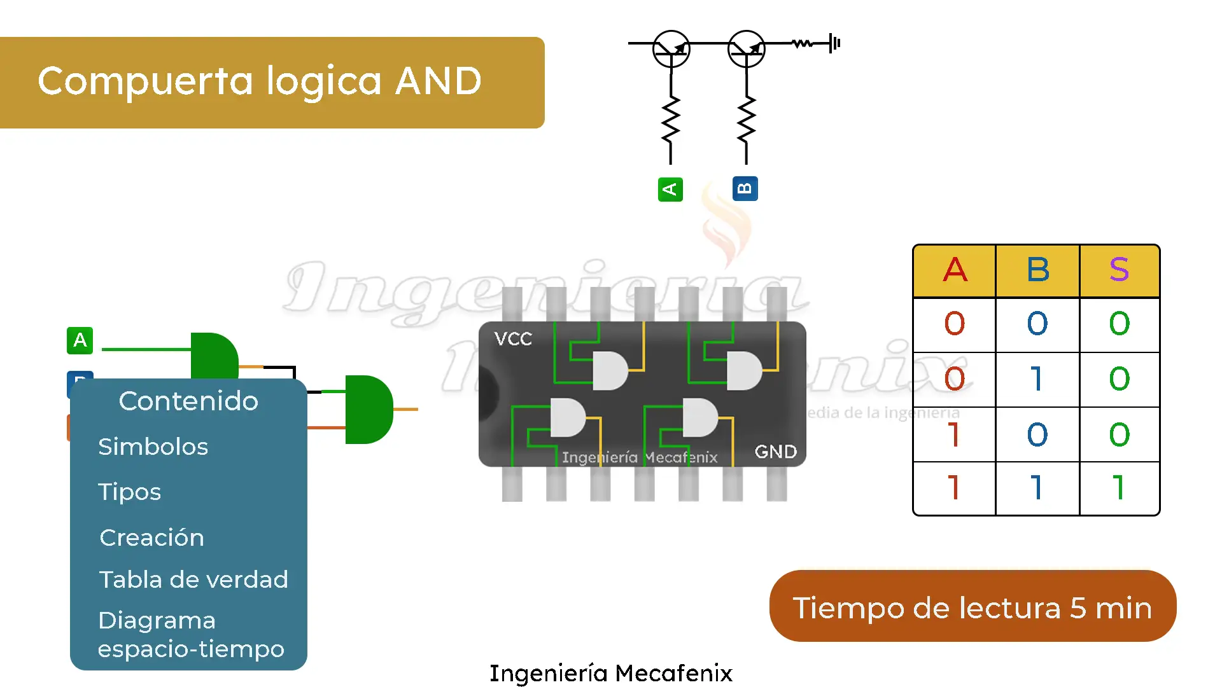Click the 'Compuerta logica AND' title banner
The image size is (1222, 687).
[x=272, y=82]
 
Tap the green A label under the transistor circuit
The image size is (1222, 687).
[x=670, y=190]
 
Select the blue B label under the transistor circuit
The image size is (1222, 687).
[x=745, y=189]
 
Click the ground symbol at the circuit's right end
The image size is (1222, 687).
[x=835, y=43]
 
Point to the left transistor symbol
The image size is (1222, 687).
[x=671, y=49]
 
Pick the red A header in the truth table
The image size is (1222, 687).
[x=955, y=270]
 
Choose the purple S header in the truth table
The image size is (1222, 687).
[x=1119, y=270]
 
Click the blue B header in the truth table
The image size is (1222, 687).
[x=1037, y=270]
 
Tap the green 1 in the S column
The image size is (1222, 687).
[x=1118, y=488]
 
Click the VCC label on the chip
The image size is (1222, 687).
[x=513, y=339]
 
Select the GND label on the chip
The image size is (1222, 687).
[x=775, y=452]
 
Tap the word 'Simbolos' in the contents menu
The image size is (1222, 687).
[x=153, y=447]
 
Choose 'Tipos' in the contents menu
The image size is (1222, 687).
[x=130, y=492]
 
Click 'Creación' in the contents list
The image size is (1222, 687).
[x=152, y=538]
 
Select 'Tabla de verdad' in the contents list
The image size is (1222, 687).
[x=193, y=579]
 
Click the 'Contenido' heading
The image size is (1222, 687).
[x=188, y=401]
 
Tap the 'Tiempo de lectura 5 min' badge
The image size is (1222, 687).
[x=972, y=607]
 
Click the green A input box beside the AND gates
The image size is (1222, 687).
[x=80, y=340]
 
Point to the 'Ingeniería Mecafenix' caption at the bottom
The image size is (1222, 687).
[x=610, y=673]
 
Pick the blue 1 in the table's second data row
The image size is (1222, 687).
[x=1037, y=379]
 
